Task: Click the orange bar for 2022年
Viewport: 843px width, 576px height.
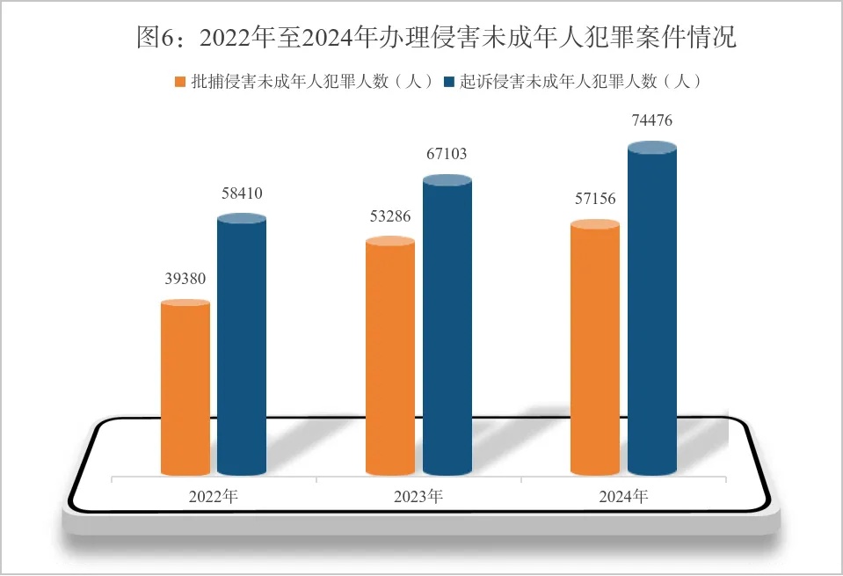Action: pos(185,387)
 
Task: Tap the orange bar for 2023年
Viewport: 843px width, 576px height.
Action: pos(389,356)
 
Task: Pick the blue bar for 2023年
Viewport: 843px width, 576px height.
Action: pos(447,325)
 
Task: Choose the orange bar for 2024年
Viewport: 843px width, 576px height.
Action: pos(595,347)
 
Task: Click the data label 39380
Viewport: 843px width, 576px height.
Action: pos(185,279)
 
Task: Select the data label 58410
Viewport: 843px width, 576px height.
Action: pos(242,193)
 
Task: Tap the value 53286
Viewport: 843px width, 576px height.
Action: pos(390,216)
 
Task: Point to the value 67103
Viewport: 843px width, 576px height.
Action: pos(447,154)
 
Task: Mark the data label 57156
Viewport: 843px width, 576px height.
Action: pos(595,200)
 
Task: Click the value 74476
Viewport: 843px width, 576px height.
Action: pos(652,121)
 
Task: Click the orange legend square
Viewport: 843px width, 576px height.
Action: pos(181,82)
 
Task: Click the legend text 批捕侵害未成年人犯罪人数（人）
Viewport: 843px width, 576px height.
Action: pos(312,82)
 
